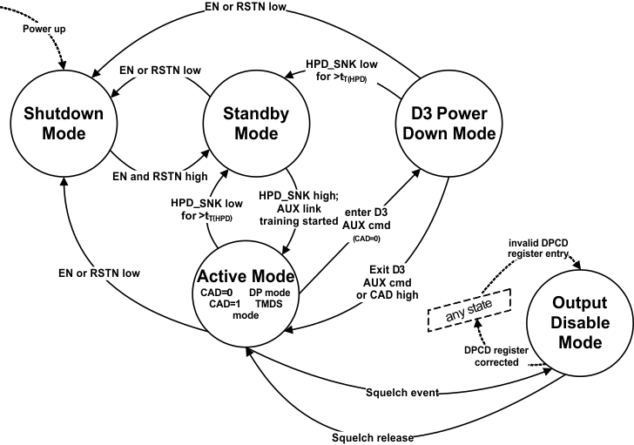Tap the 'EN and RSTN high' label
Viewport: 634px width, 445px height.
coord(161,177)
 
